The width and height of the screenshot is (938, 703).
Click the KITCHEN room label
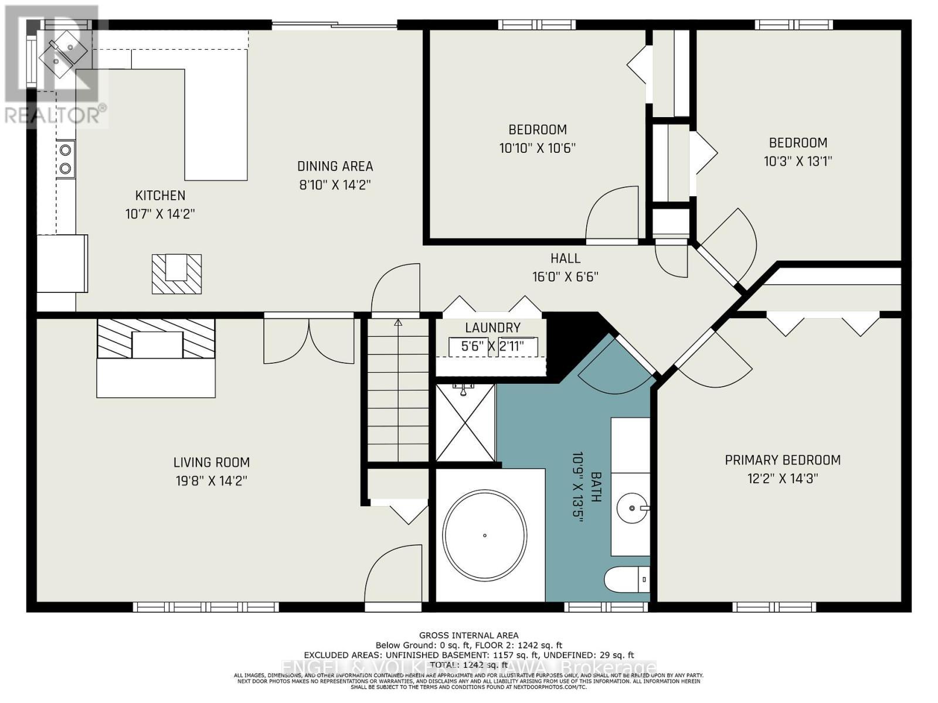(x=160, y=196)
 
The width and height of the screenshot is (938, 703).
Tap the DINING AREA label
(x=335, y=166)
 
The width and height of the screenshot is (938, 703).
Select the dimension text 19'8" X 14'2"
(x=212, y=481)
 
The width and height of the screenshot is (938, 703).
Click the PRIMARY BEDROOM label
(x=783, y=460)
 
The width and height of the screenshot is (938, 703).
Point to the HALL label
(x=565, y=258)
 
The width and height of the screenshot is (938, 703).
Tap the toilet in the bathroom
(x=626, y=580)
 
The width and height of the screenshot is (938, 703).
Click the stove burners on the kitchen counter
(x=66, y=159)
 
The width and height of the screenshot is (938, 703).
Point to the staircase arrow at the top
(x=398, y=323)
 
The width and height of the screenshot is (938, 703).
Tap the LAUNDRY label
(x=492, y=328)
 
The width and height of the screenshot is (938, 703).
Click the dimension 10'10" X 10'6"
(x=537, y=148)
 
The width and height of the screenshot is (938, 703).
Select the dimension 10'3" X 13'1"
(x=798, y=161)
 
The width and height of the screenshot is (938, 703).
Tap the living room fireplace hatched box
(x=156, y=339)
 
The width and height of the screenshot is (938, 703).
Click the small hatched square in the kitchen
(x=176, y=274)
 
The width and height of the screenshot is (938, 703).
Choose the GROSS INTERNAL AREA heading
(x=468, y=635)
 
